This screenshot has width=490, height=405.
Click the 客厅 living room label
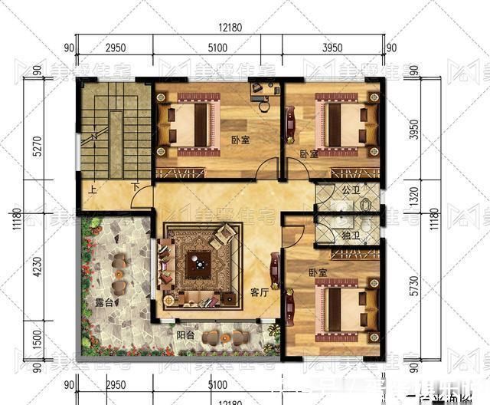[260, 292]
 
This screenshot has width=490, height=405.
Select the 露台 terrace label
[103, 303]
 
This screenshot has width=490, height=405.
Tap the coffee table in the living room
[201, 265]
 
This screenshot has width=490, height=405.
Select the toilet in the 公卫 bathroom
[366, 205]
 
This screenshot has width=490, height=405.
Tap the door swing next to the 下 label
[142, 200]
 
